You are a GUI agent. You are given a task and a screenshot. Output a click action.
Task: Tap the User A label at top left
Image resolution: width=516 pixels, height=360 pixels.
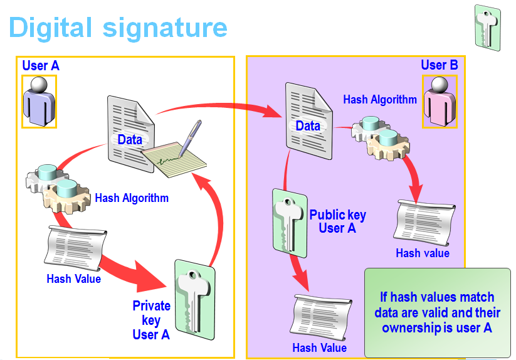(41, 65)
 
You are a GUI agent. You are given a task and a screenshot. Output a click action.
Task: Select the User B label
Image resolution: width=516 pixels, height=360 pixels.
(439, 65)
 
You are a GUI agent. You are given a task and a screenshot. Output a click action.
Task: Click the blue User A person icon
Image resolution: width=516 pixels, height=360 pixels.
(39, 101)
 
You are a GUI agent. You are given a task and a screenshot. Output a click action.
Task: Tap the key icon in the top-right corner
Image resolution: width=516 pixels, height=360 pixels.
(487, 28)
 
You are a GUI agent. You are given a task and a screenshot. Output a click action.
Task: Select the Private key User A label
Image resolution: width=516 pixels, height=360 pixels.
(151, 320)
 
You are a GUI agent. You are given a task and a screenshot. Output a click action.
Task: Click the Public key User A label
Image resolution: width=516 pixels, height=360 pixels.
(337, 221)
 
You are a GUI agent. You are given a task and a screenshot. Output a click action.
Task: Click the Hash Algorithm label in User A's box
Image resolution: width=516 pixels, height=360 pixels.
(132, 198)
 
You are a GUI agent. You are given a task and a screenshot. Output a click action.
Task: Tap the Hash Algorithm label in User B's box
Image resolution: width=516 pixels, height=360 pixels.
(380, 99)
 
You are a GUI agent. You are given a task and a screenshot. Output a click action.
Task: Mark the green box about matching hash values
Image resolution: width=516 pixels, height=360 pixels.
(438, 312)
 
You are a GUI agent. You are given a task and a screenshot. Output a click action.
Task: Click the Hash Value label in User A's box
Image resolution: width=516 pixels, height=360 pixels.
(73, 278)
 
